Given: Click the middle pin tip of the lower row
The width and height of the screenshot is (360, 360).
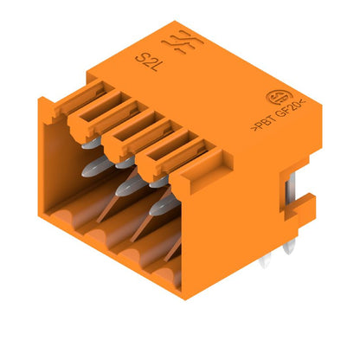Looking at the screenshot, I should [x=125, y=188].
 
